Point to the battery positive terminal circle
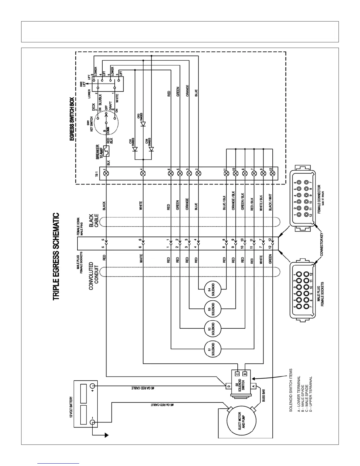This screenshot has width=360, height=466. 92,385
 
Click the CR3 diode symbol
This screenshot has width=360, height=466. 143,124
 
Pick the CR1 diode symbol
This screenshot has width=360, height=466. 135,149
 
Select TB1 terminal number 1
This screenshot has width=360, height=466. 106,173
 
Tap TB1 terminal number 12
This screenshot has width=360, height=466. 272,173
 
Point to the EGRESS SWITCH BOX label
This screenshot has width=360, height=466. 72,119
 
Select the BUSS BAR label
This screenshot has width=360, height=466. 264,396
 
